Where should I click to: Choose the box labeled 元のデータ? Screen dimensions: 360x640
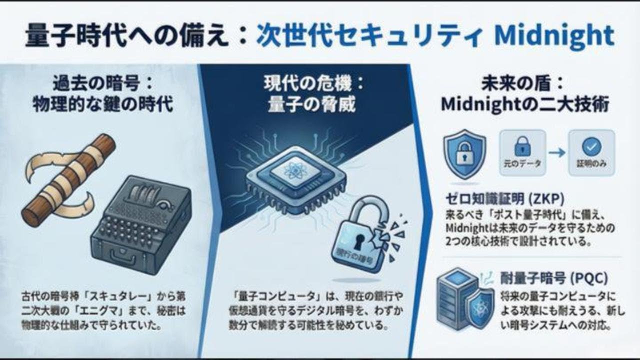tap(522, 152)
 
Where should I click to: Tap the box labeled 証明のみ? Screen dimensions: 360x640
tap(591, 152)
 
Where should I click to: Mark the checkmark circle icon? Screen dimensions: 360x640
tap(592, 146)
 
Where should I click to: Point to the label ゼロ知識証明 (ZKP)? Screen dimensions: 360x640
tap(504, 199)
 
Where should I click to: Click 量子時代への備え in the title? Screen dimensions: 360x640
tap(132, 35)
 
